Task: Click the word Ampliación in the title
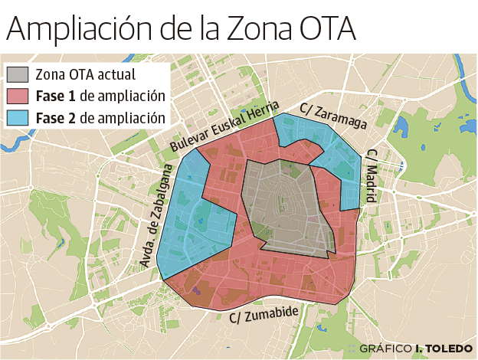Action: (x=83, y=29)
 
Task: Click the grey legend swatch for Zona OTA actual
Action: (x=18, y=75)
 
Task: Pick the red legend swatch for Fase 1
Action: (x=18, y=97)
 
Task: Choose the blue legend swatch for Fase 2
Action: (x=18, y=118)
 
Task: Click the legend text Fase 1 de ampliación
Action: (x=100, y=97)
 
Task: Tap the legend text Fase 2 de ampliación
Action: (x=100, y=118)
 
